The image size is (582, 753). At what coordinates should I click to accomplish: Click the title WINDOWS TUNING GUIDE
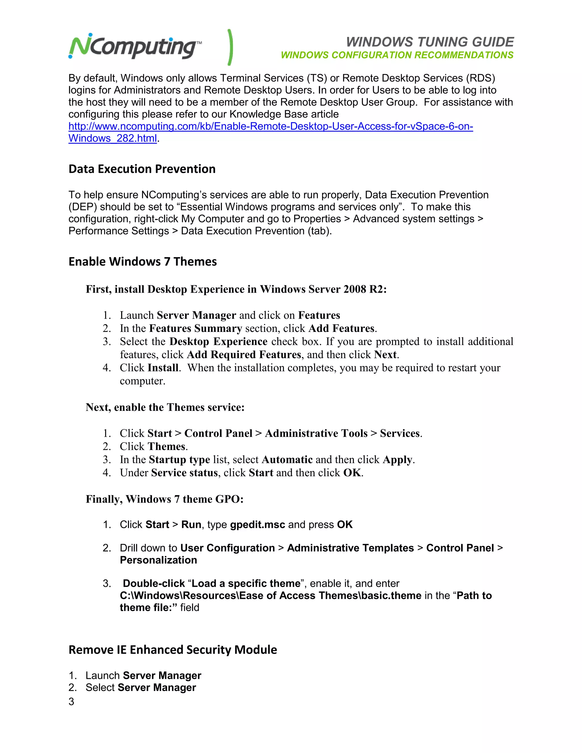[430, 42]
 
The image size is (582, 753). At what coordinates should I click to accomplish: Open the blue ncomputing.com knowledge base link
[270, 126]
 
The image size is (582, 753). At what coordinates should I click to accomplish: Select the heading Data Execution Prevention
[142, 169]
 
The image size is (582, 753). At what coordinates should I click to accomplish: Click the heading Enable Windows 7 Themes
[142, 262]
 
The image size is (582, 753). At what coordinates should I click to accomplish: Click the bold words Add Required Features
[244, 355]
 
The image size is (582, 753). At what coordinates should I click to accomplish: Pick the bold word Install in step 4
[163, 368]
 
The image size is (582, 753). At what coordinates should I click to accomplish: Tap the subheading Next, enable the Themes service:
[165, 407]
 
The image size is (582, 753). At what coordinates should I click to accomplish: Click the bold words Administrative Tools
[316, 433]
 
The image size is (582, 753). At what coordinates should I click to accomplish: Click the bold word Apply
[397, 459]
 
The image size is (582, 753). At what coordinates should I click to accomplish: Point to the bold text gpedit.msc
[257, 525]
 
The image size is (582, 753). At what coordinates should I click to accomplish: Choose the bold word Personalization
[158, 560]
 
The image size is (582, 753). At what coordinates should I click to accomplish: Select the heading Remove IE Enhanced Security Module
[172, 650]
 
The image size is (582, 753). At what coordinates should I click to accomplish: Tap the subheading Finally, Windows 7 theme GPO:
[165, 499]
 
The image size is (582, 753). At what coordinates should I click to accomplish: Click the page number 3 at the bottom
[71, 702]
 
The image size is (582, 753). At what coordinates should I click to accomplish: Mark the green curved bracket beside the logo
[230, 47]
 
